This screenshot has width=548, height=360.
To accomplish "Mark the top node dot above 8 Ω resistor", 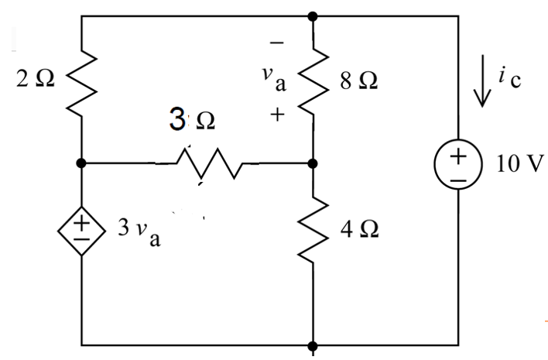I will [x=313, y=15].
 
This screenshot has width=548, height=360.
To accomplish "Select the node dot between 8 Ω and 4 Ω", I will [x=313, y=164].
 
